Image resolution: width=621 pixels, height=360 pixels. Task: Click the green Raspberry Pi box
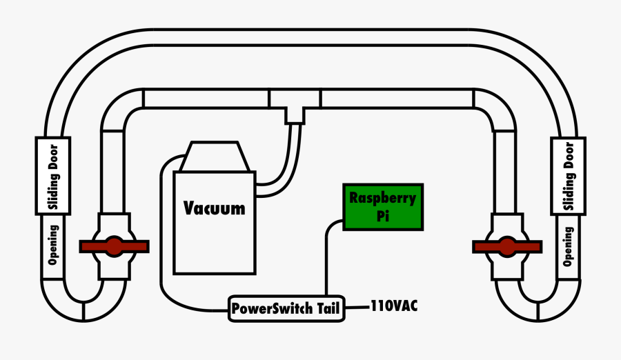point(383,207)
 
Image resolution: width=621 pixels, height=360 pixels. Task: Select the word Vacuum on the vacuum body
point(215,208)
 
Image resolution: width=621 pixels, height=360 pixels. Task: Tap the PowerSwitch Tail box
point(286,308)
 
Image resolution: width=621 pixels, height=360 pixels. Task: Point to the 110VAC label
point(395,305)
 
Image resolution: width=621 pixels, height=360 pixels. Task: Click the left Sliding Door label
point(52,175)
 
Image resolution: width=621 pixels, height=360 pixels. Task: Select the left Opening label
point(52,245)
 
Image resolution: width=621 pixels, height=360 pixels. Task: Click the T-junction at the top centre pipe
point(295,106)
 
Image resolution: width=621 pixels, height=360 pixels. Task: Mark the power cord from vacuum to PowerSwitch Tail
point(162,241)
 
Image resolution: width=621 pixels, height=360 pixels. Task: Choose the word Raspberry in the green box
point(382,199)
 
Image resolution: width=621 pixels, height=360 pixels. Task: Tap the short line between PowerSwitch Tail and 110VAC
point(356,306)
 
